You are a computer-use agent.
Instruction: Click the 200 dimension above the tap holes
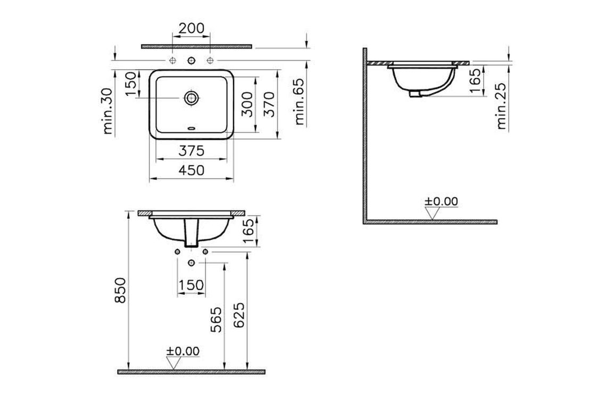tap(192, 29)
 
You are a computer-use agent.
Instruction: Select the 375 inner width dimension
tap(191, 151)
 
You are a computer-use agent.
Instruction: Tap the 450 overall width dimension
tap(191, 170)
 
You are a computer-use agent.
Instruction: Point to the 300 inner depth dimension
tap(247, 104)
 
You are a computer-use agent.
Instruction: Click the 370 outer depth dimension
tap(269, 104)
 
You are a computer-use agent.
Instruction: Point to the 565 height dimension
tap(217, 319)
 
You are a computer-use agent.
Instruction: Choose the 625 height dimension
tap(239, 317)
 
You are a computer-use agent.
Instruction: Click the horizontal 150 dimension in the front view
tap(191, 285)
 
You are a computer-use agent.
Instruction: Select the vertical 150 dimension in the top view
tap(131, 84)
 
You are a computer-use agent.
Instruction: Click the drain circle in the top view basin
tap(191, 97)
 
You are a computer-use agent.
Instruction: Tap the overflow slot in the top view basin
tap(191, 128)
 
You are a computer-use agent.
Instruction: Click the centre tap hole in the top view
tap(191, 59)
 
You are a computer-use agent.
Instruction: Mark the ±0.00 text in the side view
tap(441, 201)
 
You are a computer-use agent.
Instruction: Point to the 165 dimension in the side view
tap(476, 79)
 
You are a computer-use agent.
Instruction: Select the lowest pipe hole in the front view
tap(191, 262)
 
